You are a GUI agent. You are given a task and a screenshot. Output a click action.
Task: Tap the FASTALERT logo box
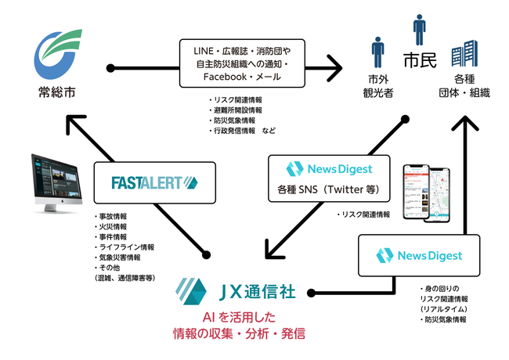click(153, 183)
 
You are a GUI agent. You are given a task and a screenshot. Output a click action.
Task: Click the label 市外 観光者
click(377, 87)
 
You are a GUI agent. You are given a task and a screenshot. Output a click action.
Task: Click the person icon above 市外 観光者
click(377, 53)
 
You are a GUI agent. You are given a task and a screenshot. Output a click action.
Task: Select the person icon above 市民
click(420, 30)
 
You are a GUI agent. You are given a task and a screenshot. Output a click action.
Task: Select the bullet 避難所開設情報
click(236, 110)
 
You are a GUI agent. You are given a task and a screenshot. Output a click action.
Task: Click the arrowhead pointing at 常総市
click(71, 121)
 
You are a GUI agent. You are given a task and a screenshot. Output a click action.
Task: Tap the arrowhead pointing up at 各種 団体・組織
click(466, 121)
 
